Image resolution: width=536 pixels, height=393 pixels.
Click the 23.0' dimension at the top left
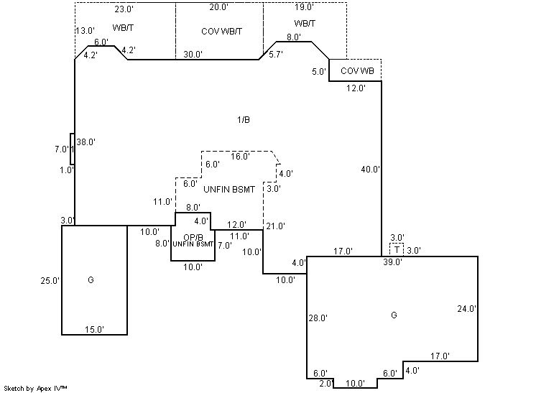(125, 10)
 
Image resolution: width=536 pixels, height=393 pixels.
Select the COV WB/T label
(222, 31)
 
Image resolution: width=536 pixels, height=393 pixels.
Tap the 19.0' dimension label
(304, 7)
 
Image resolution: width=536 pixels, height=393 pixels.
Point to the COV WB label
(356, 70)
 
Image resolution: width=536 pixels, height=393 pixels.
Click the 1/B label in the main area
(244, 119)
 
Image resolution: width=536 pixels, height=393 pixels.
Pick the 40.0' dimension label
(371, 170)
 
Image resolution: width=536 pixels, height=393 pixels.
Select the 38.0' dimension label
(86, 142)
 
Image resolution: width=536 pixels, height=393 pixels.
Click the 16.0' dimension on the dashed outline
(240, 156)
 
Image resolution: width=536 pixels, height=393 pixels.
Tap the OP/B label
(192, 237)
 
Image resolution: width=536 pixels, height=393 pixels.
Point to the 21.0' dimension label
(276, 226)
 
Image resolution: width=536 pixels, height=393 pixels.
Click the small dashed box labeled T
(397, 249)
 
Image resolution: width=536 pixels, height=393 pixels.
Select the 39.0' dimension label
(392, 262)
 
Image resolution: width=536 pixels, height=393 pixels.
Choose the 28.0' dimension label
(318, 318)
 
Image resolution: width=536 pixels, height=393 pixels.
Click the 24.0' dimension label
(467, 309)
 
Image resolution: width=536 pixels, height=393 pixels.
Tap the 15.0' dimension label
(94, 329)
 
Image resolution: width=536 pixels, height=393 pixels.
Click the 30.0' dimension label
(193, 54)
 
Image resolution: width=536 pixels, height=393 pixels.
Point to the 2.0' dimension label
(326, 383)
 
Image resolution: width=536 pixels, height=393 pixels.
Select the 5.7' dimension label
(276, 54)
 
